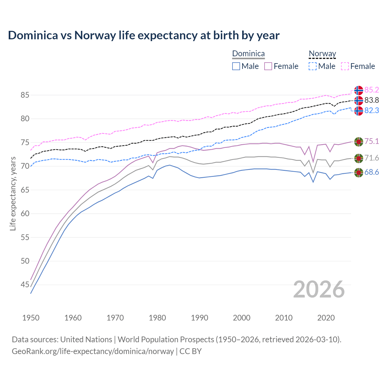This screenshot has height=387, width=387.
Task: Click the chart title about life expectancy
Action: click(144, 35)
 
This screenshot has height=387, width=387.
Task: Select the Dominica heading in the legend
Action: click(248, 54)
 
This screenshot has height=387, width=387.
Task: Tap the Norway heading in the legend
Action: click(322, 54)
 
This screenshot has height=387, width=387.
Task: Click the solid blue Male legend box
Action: click(236, 66)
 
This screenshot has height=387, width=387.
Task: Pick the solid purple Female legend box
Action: click(268, 66)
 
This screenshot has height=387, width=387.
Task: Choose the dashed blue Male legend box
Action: click(313, 66)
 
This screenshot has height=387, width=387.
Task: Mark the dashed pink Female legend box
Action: click(345, 66)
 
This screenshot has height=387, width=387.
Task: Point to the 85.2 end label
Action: click(372, 90)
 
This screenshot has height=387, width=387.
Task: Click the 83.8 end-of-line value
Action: click(372, 100)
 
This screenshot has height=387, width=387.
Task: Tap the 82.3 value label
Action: click(372, 110)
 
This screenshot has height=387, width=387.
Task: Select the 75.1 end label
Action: click(372, 141)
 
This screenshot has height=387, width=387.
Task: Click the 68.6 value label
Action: click(372, 172)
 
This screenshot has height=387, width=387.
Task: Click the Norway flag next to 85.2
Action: click(359, 90)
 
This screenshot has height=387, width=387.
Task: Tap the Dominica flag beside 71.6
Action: click(359, 158)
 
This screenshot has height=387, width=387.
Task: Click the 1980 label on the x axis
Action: click(157, 318)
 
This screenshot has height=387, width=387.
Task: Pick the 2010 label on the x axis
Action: click(284, 318)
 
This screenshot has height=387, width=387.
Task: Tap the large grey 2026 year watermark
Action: click(319, 289)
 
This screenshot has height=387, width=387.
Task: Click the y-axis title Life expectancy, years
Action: click(13, 193)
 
